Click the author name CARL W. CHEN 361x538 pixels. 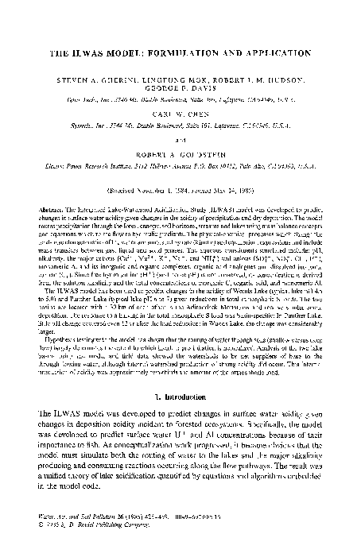[x=180, y=118]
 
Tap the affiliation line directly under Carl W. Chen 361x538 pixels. [x=180, y=129]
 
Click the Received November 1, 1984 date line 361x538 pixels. [x=180, y=191]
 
